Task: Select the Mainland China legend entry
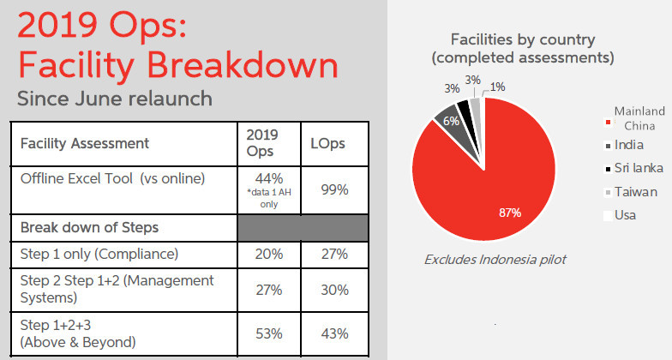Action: point(635,118)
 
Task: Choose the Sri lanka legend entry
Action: point(636,168)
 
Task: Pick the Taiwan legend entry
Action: point(632,191)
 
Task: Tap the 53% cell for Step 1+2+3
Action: point(268,333)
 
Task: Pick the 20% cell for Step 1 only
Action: point(268,254)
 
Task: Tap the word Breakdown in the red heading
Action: point(240,65)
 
